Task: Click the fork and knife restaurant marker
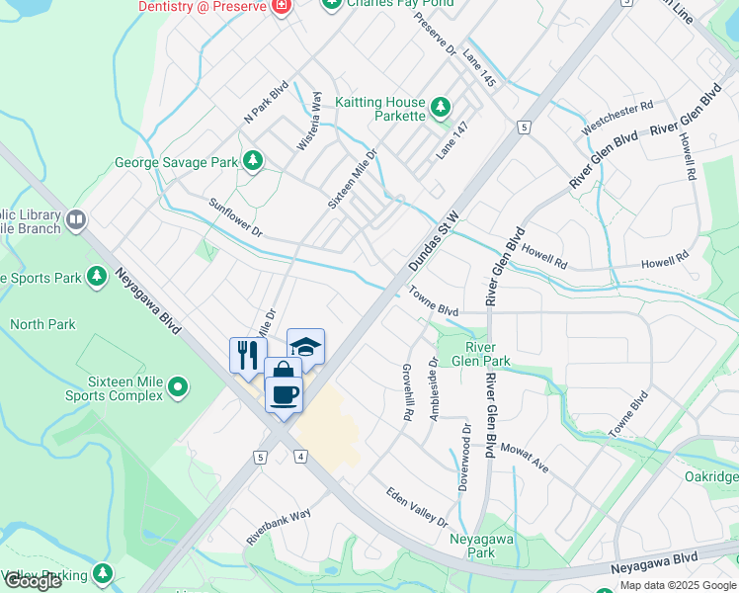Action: tap(247, 354)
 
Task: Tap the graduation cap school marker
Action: tap(306, 346)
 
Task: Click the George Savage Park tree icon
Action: tap(254, 161)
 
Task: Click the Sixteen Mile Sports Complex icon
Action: tap(178, 386)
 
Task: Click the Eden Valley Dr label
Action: tap(417, 508)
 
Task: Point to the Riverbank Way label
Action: tap(280, 527)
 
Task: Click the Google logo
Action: tap(32, 580)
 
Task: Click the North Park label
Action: tap(42, 323)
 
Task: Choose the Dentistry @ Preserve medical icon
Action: tap(282, 6)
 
